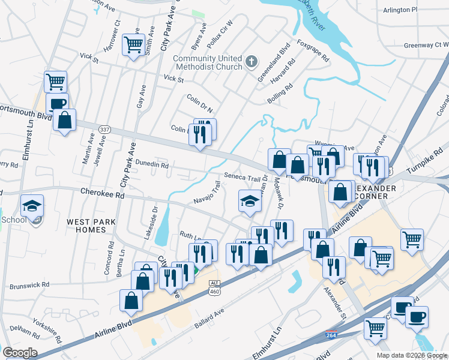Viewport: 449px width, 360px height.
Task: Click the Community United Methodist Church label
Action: [208, 62]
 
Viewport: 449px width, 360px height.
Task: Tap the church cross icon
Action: [252, 61]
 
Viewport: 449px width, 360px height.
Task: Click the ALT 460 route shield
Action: [214, 287]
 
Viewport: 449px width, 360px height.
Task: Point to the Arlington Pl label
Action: [402, 10]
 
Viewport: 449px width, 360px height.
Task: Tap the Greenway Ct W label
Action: [426, 45]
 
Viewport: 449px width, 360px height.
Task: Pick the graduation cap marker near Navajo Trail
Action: [250, 200]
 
